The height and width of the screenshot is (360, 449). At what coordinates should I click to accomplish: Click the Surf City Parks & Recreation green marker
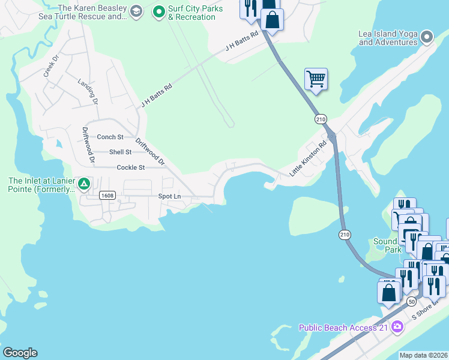[158, 11]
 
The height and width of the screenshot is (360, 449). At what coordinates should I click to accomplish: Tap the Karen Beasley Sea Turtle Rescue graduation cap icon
[136, 11]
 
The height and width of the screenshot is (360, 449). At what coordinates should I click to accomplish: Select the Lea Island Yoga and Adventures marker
[427, 37]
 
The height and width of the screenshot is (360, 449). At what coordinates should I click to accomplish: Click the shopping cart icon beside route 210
[316, 79]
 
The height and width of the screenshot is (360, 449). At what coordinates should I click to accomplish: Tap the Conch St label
[110, 137]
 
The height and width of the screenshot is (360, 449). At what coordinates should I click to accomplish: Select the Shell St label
[120, 152]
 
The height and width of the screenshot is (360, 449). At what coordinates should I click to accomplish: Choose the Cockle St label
[131, 167]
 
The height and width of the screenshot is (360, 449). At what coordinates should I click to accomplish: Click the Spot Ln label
[169, 196]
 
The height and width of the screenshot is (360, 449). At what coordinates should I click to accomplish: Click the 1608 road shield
[107, 196]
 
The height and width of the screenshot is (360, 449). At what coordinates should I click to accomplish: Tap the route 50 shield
[411, 301]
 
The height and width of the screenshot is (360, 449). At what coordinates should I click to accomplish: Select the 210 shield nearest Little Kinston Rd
[320, 120]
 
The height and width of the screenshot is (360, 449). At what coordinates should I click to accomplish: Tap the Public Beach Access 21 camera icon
[396, 327]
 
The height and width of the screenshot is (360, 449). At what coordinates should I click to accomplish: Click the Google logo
[20, 353]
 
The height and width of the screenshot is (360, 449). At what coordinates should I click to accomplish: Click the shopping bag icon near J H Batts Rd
[273, 19]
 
